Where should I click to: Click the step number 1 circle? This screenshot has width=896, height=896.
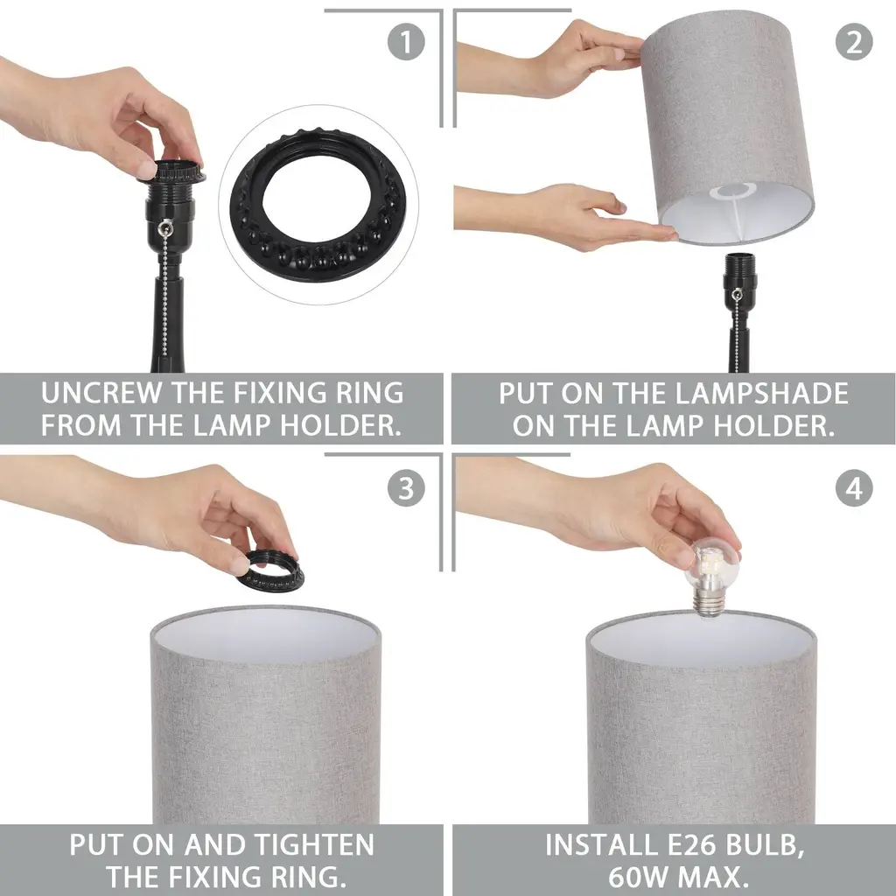click(x=406, y=42)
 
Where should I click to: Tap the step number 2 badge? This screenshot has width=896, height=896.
click(x=854, y=42)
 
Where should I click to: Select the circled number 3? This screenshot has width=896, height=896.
click(x=406, y=488)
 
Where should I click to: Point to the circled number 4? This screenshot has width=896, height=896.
click(x=854, y=488)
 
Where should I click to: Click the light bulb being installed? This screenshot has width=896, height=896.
click(x=711, y=579)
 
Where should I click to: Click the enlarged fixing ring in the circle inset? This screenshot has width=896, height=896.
click(x=318, y=205)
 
